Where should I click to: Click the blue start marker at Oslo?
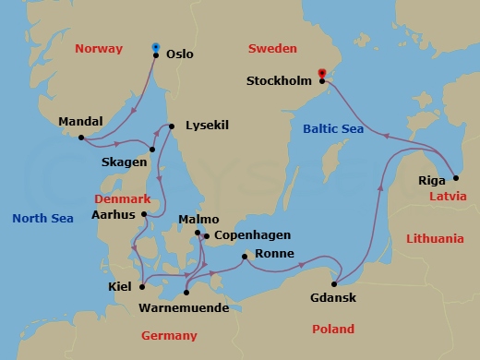tap(155, 46)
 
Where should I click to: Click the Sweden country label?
tap(273, 47)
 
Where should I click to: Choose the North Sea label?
tap(42, 219)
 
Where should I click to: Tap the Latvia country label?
tap(448, 197)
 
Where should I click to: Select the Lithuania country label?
tap(434, 238)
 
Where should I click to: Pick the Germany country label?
tap(169, 335)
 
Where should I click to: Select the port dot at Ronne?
tap(244, 257)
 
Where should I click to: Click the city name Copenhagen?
tap(252, 236)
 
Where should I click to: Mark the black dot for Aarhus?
tap(143, 215)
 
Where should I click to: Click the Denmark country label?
tap(122, 198)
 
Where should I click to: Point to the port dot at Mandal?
tap(82, 138)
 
